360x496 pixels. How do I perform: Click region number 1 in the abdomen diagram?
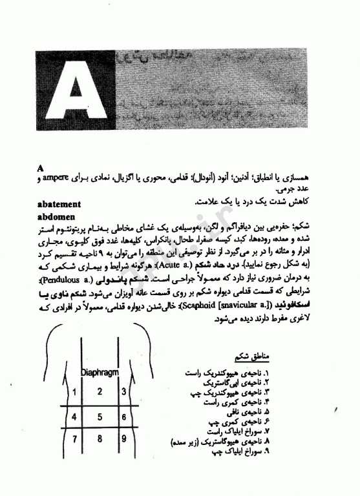click(x=74, y=391)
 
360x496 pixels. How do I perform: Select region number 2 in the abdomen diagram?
click(x=99, y=391)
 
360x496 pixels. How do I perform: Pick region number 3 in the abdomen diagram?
click(x=123, y=391)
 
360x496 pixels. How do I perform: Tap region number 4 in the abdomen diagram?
click(x=74, y=417)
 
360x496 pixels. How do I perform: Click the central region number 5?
click(x=99, y=417)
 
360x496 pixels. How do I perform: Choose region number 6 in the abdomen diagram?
click(x=123, y=417)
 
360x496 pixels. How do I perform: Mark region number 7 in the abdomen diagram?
click(x=74, y=440)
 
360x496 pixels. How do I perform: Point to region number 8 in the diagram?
click(x=99, y=440)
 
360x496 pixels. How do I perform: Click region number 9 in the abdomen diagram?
click(x=123, y=440)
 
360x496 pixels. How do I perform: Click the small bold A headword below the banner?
click(x=41, y=167)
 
